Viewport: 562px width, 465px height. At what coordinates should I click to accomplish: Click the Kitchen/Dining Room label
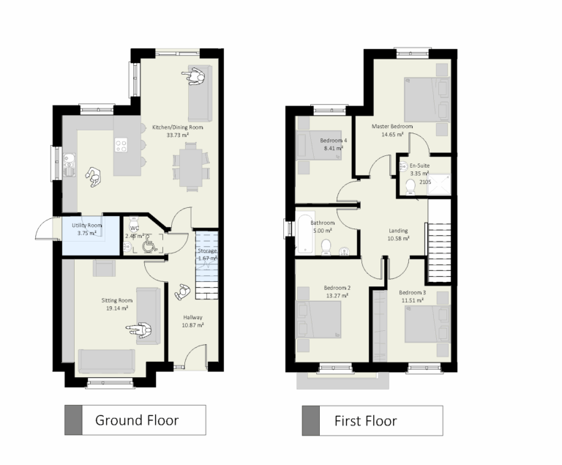coord(177,127)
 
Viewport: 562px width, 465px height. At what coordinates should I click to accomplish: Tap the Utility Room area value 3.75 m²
coord(86,233)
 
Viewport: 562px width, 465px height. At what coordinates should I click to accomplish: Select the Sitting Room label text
coord(116,300)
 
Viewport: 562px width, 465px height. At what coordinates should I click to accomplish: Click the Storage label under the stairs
coord(207,251)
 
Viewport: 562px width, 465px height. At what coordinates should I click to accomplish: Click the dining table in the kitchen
coord(189,166)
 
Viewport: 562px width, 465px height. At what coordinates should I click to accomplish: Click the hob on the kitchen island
coord(122,145)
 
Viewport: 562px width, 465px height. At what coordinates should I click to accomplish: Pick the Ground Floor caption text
coord(137,420)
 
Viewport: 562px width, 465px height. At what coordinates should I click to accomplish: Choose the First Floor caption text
coord(365,420)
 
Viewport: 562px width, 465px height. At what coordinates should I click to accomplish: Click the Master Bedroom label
coord(391,127)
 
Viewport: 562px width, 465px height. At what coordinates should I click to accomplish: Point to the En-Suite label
coord(419,166)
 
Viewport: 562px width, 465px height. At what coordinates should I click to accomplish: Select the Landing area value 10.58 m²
coord(398,238)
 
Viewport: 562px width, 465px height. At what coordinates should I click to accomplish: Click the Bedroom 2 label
coord(337,288)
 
